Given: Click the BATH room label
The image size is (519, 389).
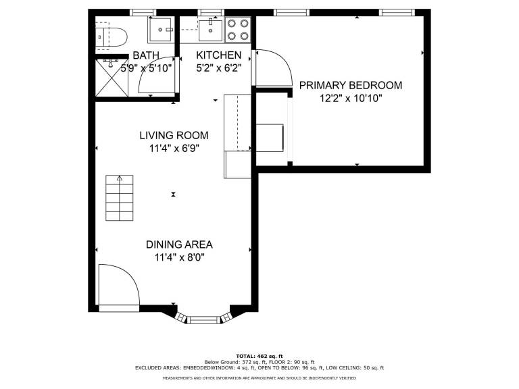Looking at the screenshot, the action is click(x=146, y=55).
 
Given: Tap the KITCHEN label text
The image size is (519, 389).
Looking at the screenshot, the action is click(x=219, y=55).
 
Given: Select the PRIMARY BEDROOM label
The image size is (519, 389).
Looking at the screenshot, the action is click(x=351, y=85).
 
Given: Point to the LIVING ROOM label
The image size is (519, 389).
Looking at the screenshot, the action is click(x=174, y=135).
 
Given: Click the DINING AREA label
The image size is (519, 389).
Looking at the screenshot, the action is click(x=179, y=244).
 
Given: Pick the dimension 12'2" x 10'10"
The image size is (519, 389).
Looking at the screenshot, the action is click(x=351, y=99).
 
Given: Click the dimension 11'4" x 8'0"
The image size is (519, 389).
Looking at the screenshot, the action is click(x=179, y=257).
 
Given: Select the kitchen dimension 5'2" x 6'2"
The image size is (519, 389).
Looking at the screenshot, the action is click(x=219, y=68).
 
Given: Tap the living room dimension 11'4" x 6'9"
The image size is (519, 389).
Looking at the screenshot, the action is click(x=174, y=149).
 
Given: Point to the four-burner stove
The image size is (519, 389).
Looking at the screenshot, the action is click(x=238, y=30).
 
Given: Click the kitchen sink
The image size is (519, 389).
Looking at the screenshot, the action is click(x=211, y=30).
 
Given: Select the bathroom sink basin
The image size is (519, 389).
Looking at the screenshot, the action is click(x=160, y=30).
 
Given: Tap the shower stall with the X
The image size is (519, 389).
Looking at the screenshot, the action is click(x=112, y=78).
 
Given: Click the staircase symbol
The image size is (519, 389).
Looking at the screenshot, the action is click(x=120, y=198).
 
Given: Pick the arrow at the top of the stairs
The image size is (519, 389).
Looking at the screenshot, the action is click(x=120, y=178).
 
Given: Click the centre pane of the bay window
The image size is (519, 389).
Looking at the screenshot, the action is click(x=203, y=320).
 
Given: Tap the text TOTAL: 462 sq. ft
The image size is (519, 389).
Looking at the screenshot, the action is click(x=259, y=357).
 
